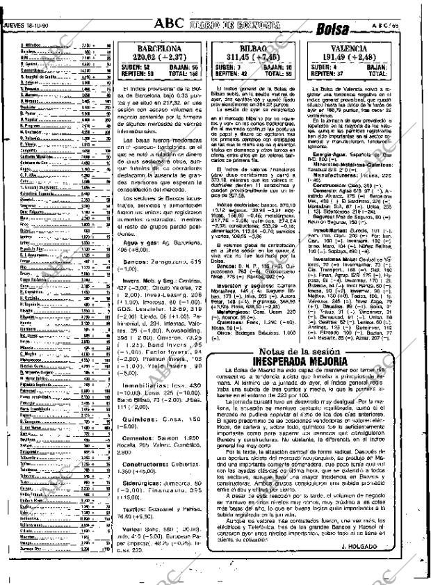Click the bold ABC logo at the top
(170, 24)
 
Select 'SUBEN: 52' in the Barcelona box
(134, 67)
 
